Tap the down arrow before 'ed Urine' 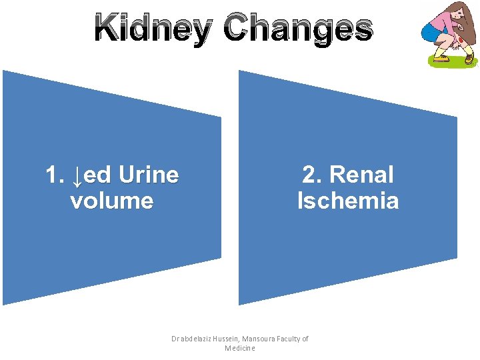point(77,176)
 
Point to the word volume point(111,201)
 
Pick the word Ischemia point(348,201)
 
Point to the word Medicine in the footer point(240,349)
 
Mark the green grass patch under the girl point(453,64)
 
